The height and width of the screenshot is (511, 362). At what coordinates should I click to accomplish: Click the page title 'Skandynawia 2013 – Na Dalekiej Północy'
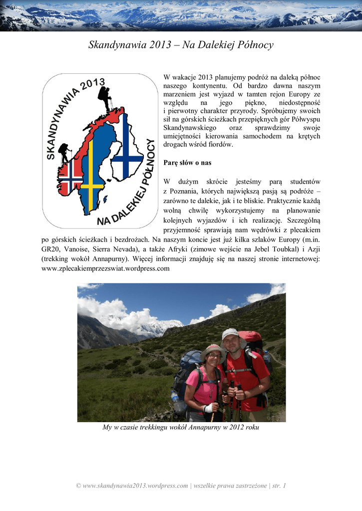pos(181,45)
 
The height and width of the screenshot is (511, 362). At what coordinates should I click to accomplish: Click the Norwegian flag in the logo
pos(70,175)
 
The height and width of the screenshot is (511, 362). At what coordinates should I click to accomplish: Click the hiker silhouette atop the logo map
pos(105,98)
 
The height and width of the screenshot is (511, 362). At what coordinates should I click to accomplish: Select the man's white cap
pos(230,333)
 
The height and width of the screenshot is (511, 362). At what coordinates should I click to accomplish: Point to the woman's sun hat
pos(212,350)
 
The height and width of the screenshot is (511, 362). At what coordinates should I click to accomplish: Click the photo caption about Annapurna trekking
pos(181,428)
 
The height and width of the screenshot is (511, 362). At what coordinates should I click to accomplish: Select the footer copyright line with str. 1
pos(181,486)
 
